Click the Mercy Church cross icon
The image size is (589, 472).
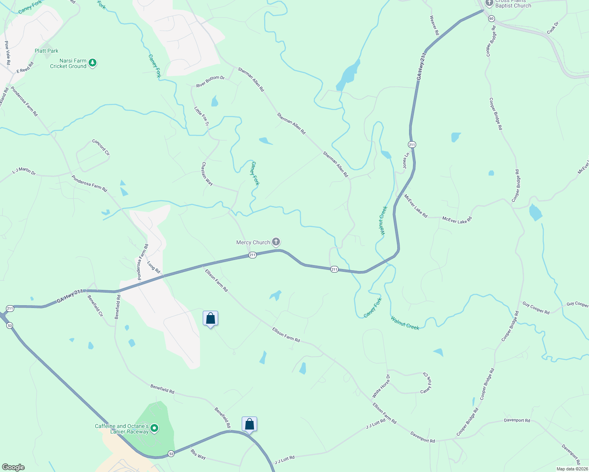coord(276,242)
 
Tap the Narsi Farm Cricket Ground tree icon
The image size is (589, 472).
coord(93,63)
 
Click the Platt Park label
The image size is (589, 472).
coord(46,51)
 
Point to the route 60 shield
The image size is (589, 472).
coord(491,18)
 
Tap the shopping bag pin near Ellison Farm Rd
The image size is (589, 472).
coord(210,318)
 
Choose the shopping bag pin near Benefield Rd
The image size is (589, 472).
coord(249,424)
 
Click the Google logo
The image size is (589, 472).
coord(13,467)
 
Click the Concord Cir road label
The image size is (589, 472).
coord(101,147)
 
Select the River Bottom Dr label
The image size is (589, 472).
coord(210,81)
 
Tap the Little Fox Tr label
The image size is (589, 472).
coord(202,116)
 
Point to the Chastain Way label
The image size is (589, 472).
coord(207,174)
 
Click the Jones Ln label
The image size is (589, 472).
coord(406,160)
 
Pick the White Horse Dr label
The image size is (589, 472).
coord(381,386)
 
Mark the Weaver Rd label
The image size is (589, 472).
coord(434,25)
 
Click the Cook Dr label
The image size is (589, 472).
coord(553,28)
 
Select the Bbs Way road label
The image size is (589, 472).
coord(198,454)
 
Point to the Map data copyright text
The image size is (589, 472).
coord(572,469)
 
